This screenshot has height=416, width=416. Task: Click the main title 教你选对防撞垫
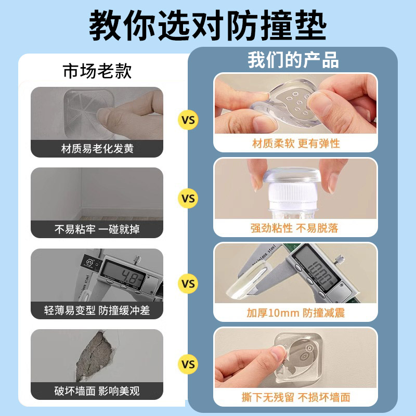(x=208, y=25)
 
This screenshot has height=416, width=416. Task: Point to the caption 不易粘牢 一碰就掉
(x=97, y=229)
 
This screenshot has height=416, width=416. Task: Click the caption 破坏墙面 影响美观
(x=97, y=391)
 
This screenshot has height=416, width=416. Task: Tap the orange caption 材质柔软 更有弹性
(x=295, y=144)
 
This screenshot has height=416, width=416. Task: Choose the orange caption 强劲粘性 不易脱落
(x=295, y=228)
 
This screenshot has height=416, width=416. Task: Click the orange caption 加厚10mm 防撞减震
(x=295, y=313)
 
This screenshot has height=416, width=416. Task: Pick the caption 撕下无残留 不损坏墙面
(x=295, y=397)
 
